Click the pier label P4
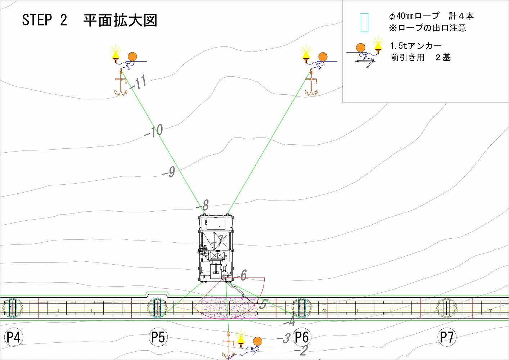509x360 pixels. click(x=13, y=337)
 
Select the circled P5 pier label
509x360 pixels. click(x=158, y=337)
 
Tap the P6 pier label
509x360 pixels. click(x=302, y=337)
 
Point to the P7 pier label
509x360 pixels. click(x=447, y=337)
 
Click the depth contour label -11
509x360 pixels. click(x=138, y=82)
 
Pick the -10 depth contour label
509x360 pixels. click(x=154, y=131)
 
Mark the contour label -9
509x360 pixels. click(x=169, y=172)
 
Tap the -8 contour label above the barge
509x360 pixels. click(x=203, y=206)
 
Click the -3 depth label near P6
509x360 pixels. click(x=284, y=338)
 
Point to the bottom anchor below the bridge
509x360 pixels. click(x=228, y=347)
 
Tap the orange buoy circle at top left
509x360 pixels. click(x=132, y=57)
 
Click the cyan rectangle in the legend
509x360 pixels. click(x=364, y=23)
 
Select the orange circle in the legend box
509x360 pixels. click(x=360, y=48)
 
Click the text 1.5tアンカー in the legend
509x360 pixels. click(x=416, y=46)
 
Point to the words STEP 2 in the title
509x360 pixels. click(x=45, y=20)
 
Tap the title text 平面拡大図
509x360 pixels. click(x=120, y=21)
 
